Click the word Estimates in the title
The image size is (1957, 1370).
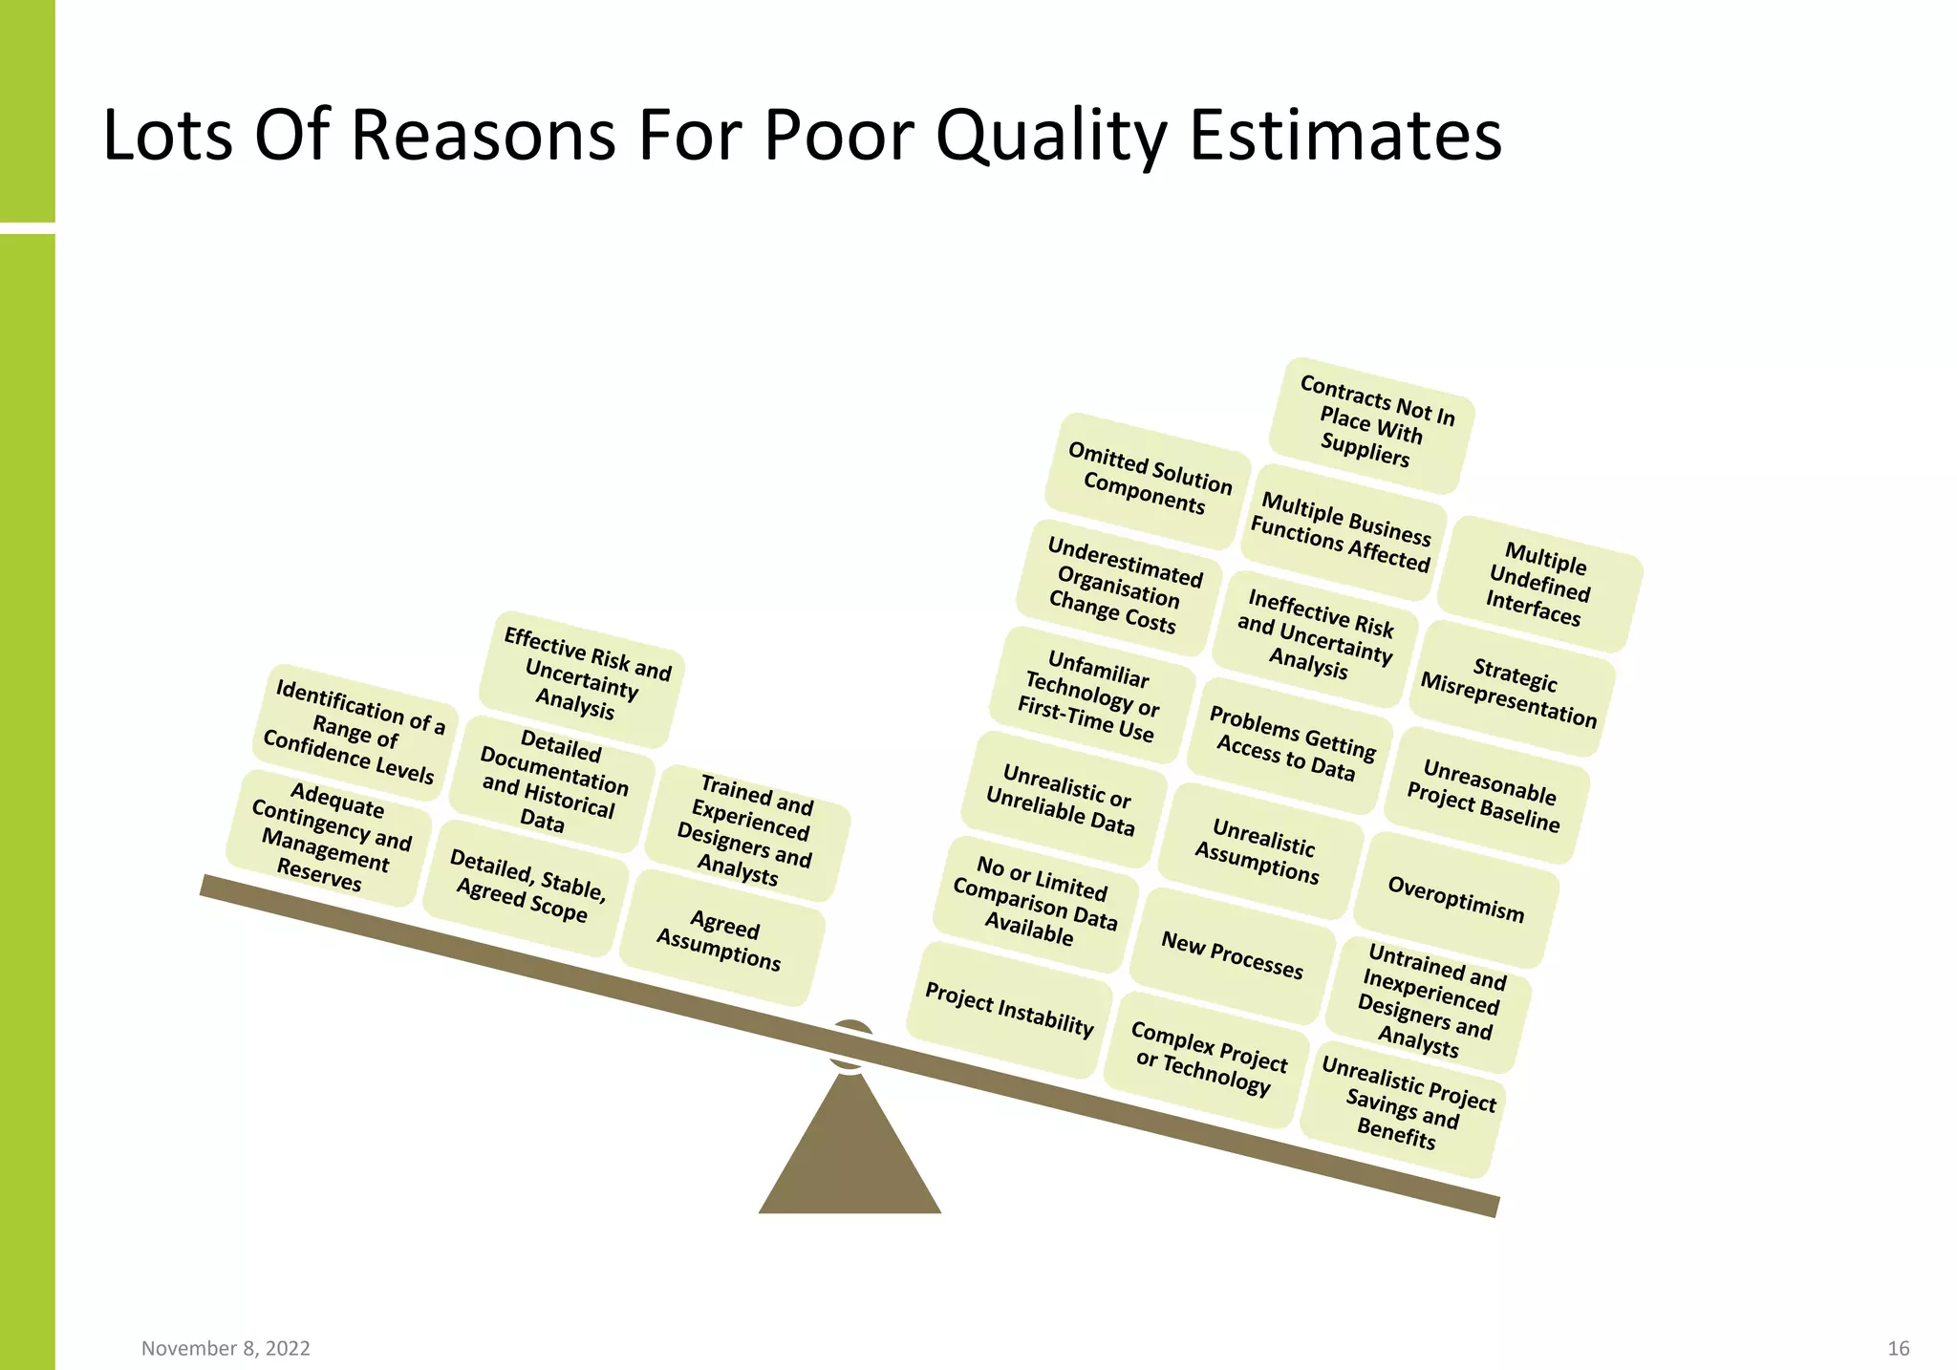1344,136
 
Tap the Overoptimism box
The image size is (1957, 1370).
1455,899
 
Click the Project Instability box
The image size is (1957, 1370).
1009,1010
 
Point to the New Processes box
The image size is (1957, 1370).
1232,955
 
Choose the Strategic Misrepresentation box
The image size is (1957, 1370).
1511,691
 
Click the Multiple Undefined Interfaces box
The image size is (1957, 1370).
1539,584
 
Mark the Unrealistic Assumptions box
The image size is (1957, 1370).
1259,850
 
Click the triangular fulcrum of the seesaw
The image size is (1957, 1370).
849,1156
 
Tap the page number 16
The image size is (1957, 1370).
1898,1348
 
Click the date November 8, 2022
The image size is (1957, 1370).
226,1348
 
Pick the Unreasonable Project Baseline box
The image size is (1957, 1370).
1485,796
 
